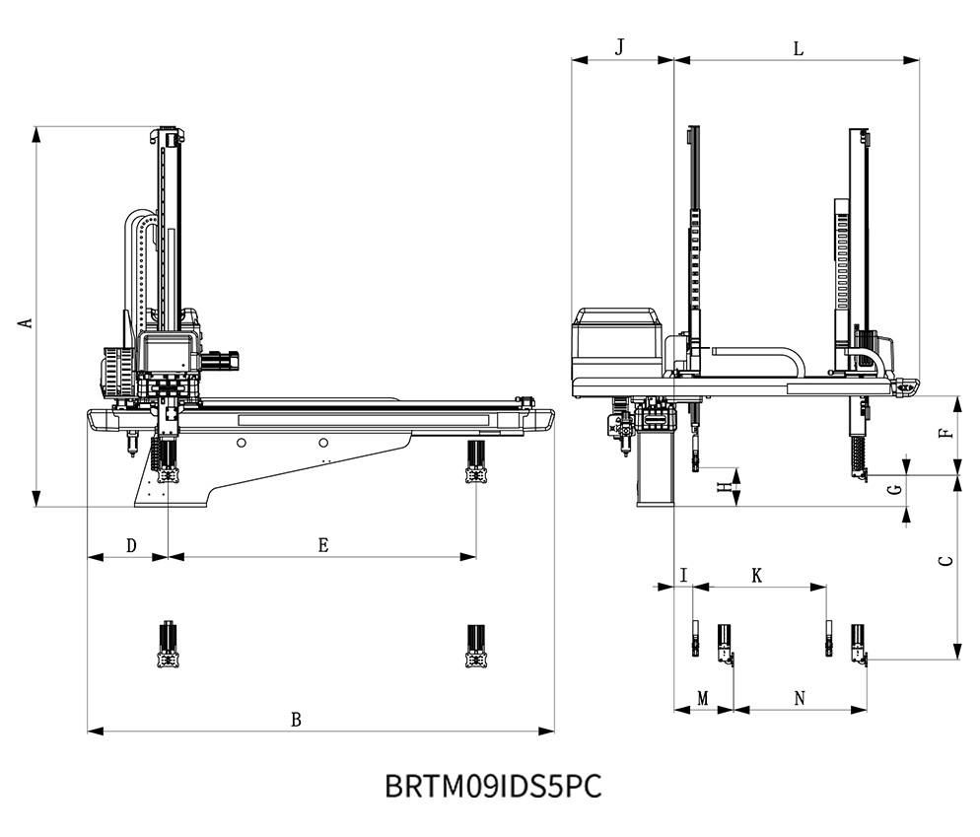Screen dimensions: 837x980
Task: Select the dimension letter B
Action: point(296,719)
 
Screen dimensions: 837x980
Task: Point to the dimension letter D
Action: point(131,545)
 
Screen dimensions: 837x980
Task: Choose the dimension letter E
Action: point(323,545)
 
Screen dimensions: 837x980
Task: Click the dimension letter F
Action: point(945,434)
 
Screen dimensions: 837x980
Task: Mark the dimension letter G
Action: point(893,490)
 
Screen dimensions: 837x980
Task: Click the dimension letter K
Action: point(757,575)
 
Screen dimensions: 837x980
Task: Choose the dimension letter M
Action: point(703,698)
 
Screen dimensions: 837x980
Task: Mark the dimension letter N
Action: point(801,698)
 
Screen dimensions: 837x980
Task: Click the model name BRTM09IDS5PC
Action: point(492,787)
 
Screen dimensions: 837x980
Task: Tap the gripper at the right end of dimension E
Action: point(478,463)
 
